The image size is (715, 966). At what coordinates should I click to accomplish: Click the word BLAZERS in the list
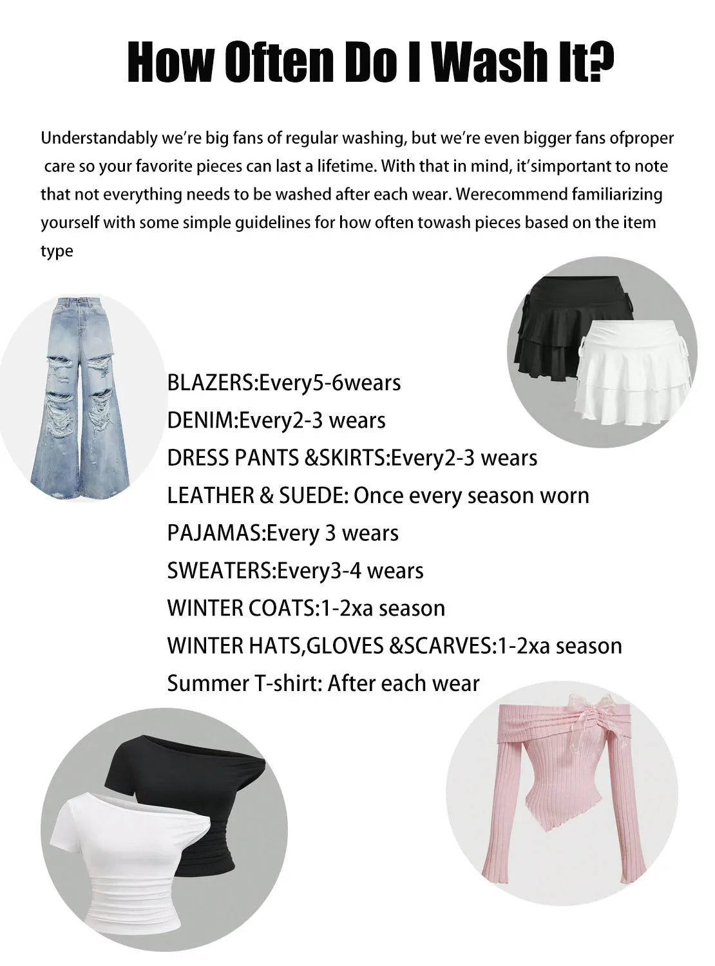click(x=211, y=383)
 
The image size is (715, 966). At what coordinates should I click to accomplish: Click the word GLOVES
click(x=345, y=645)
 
